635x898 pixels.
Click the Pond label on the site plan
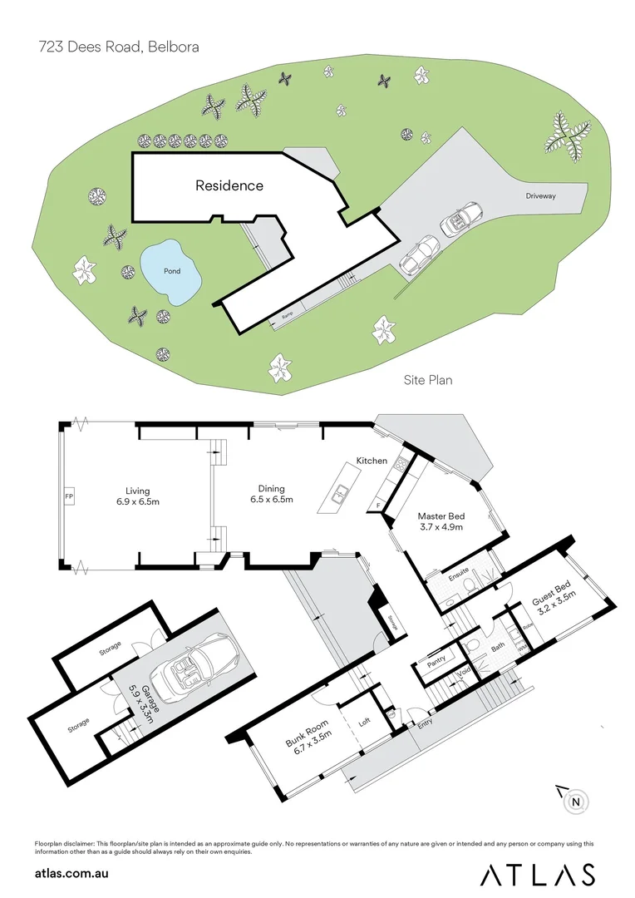pos(172,271)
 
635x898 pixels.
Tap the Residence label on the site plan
pos(229,185)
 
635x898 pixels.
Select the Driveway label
pos(540,196)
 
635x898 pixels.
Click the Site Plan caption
pos(428,380)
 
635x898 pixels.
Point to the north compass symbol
pos(575,802)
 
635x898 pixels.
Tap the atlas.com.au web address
pos(72,874)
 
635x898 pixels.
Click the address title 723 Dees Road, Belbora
pos(119,47)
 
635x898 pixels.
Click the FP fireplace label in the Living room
pos(69,498)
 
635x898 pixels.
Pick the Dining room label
pos(271,488)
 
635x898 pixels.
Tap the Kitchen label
pos(372,460)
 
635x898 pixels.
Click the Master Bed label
pos(440,516)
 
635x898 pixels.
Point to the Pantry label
pos(437,659)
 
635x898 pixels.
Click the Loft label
pos(364,723)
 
